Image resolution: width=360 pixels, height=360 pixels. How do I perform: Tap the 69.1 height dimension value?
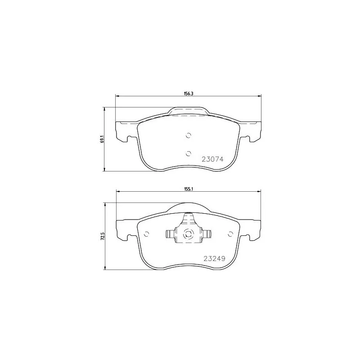[x=102, y=139]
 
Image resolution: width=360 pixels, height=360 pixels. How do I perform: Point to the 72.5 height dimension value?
[x=102, y=236]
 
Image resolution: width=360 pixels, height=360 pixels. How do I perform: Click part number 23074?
[x=212, y=159]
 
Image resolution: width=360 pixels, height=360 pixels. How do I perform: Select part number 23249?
[x=215, y=258]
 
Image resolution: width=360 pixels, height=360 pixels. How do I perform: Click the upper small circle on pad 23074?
[x=189, y=135]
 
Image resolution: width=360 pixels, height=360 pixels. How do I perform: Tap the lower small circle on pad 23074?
[x=189, y=153]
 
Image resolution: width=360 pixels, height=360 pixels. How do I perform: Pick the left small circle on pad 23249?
[x=147, y=234]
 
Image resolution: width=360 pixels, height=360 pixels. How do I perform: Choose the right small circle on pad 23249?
[x=230, y=234]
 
